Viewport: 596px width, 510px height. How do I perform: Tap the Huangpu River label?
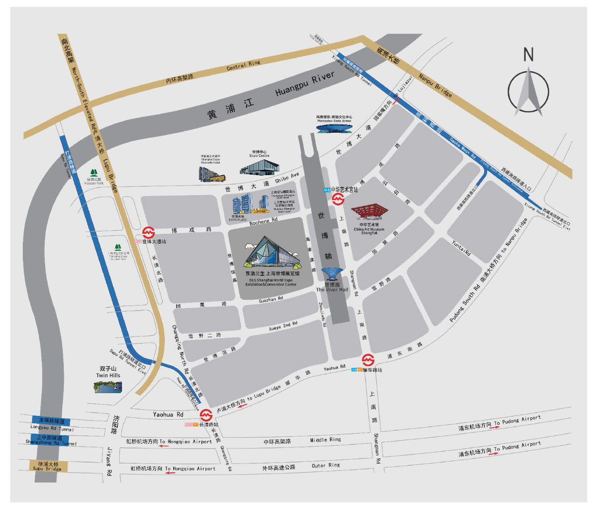(305, 84)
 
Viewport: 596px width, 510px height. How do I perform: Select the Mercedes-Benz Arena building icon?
(334, 128)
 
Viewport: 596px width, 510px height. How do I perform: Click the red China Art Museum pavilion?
(369, 212)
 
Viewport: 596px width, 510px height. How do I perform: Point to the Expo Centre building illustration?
(259, 167)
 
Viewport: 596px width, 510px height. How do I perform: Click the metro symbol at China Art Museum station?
(338, 199)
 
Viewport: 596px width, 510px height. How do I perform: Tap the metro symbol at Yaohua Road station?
(368, 360)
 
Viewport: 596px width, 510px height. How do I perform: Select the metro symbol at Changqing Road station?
(206, 415)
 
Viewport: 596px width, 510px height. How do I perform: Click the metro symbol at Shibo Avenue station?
(149, 232)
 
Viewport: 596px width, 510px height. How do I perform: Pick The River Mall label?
(332, 290)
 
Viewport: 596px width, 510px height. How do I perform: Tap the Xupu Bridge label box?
(48, 466)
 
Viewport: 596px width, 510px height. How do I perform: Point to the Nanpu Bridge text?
(435, 85)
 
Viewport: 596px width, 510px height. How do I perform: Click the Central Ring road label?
(244, 65)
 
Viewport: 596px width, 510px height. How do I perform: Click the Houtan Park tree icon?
(94, 173)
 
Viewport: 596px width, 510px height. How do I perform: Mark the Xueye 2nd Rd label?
(283, 326)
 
